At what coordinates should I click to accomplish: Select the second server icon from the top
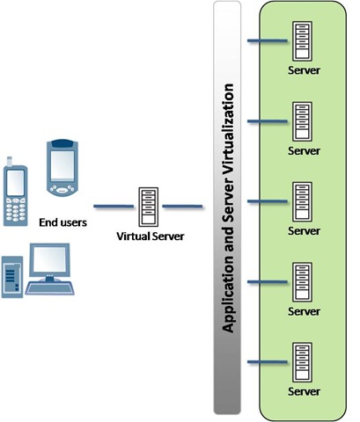[303, 118]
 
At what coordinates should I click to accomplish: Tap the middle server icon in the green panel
[303, 199]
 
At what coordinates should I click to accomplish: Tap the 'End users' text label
[63, 222]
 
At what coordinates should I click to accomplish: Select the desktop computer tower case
[13, 274]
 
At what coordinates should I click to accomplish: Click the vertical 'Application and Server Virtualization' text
[228, 207]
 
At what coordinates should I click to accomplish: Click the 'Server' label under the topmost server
[304, 69]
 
